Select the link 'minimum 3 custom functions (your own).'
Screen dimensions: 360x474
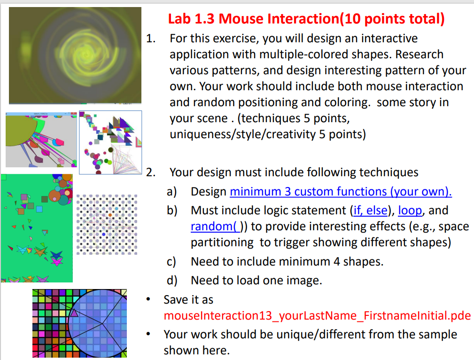click(341, 192)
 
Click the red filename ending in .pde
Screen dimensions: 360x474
click(317, 315)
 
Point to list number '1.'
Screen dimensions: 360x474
click(151, 39)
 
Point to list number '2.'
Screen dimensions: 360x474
click(151, 172)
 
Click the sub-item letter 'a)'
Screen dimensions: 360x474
click(172, 192)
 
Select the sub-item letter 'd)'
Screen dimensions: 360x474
click(172, 281)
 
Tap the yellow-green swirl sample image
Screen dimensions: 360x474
click(75, 55)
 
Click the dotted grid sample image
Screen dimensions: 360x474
click(107, 224)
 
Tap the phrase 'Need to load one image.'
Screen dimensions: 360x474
click(256, 281)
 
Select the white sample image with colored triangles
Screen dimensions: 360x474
click(110, 142)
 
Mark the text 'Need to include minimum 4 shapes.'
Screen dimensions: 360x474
click(287, 262)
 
